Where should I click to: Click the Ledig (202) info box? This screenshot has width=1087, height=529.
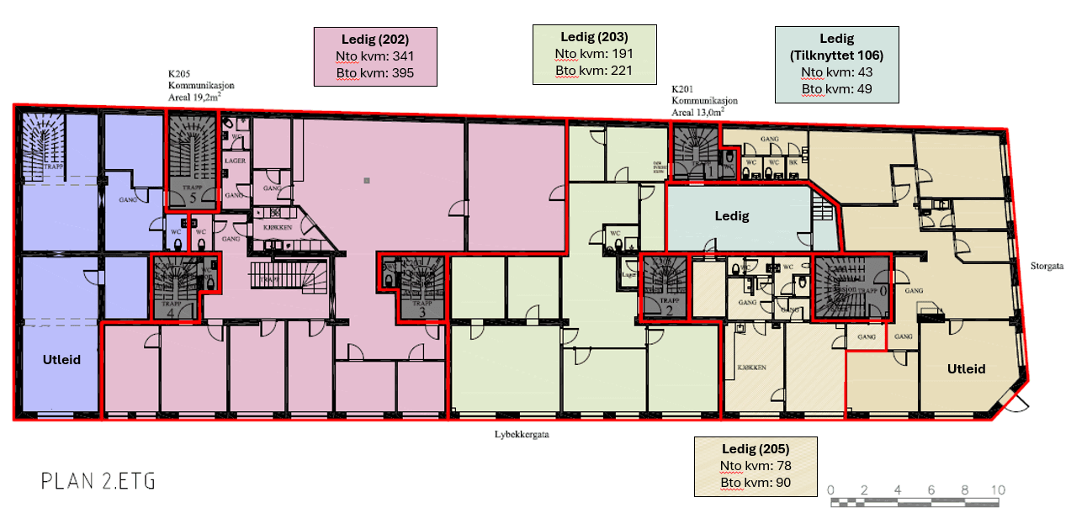pyautogui.click(x=375, y=56)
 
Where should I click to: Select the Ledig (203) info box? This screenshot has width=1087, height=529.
pyautogui.click(x=594, y=54)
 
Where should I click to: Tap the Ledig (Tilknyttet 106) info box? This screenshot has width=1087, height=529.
pyautogui.click(x=836, y=64)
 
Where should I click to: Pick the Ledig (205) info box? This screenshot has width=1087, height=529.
pyautogui.click(x=755, y=466)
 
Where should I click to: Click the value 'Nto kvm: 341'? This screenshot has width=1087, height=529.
pyautogui.click(x=375, y=56)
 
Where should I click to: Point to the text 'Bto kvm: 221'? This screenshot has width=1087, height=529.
pyautogui.click(x=594, y=70)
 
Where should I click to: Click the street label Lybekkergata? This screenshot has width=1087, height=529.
pyautogui.click(x=522, y=434)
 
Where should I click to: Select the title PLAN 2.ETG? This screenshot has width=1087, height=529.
pyautogui.click(x=98, y=481)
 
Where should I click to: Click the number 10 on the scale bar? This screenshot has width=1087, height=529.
pyautogui.click(x=998, y=489)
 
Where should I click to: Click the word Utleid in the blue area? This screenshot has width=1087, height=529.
pyautogui.click(x=61, y=359)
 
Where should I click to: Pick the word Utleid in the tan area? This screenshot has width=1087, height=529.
pyautogui.click(x=965, y=368)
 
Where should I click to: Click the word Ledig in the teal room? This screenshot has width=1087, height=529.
pyautogui.click(x=731, y=215)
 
